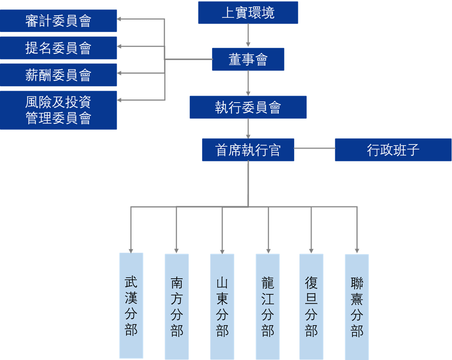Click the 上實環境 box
[248, 13]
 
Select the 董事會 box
[248, 60]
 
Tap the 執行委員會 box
[248, 107]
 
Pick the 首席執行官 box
[248, 150]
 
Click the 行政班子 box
[393, 150]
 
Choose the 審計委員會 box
[58, 21]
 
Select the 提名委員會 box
[58, 48]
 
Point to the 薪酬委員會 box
[58, 75]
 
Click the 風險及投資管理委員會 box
[58, 110]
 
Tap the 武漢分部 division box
[131, 305]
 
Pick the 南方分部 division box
[177, 307]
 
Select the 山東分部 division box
[222, 307]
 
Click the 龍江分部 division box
[268, 307]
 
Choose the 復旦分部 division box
[311, 307]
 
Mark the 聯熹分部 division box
[357, 307]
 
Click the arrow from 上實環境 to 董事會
[248, 35]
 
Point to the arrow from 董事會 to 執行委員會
[248, 83]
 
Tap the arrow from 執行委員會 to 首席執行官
[248, 128]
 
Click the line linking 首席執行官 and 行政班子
[314, 148]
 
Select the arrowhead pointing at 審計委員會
[119, 19]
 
